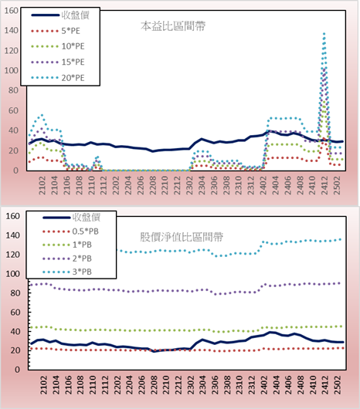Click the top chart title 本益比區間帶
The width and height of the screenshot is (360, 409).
(x=173, y=26)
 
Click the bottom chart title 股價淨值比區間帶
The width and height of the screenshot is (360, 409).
(x=182, y=237)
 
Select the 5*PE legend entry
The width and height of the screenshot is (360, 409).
(x=56, y=31)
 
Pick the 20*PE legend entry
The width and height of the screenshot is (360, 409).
(x=58, y=78)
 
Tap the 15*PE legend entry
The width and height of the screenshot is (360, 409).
(x=58, y=62)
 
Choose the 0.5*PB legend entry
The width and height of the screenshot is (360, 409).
(x=70, y=232)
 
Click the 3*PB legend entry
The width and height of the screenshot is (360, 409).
(x=67, y=272)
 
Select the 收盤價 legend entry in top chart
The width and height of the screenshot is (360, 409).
(x=60, y=15)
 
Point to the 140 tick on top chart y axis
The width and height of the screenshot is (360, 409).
(x=12, y=30)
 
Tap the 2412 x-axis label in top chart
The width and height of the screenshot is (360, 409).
(x=324, y=185)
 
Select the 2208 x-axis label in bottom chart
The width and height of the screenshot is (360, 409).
(x=154, y=385)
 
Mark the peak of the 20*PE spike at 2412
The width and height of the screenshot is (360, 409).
(x=324, y=33)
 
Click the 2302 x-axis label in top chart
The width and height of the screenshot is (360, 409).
(x=190, y=185)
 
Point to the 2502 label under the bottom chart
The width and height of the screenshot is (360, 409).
(x=338, y=385)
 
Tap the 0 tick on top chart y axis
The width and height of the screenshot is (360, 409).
(x=16, y=171)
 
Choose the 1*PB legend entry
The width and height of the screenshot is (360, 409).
(x=67, y=245)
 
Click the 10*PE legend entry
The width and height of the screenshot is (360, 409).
(x=58, y=46)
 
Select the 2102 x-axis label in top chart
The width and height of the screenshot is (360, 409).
(x=42, y=185)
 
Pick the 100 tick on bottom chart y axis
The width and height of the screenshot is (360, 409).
(x=13, y=274)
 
